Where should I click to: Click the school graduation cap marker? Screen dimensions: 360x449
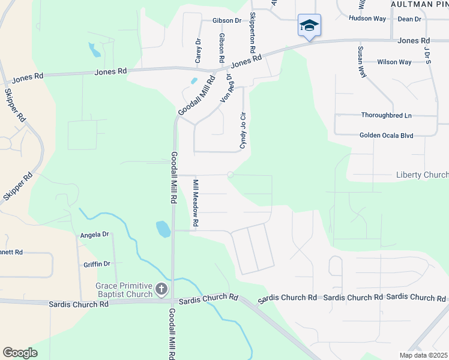click(309, 25)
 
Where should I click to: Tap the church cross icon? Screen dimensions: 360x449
click(161, 290)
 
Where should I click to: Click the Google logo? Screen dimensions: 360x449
click(20, 352)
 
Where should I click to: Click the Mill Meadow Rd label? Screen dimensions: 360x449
click(195, 202)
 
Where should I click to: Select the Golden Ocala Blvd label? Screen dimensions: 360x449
click(387, 136)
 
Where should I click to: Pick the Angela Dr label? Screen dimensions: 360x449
click(94, 235)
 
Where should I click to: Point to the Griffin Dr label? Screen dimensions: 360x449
click(97, 263)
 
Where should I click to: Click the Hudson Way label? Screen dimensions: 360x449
click(367, 19)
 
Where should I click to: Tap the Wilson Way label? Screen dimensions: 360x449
click(394, 62)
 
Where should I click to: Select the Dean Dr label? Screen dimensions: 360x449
click(409, 19)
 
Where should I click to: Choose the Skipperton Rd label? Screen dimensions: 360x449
click(252, 30)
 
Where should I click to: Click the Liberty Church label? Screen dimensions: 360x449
click(422, 175)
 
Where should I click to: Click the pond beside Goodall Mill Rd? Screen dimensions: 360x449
click(163, 229)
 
